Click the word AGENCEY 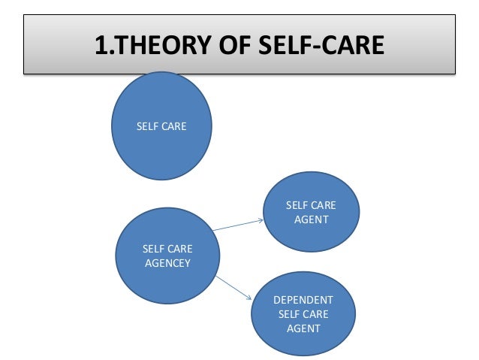[167, 262]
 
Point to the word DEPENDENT [303, 300]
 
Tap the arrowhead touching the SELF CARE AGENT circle [260, 220]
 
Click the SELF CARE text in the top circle [161, 126]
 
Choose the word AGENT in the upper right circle [311, 219]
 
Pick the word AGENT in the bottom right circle [303, 328]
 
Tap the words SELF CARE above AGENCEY [167, 248]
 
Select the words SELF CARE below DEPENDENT [303, 314]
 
